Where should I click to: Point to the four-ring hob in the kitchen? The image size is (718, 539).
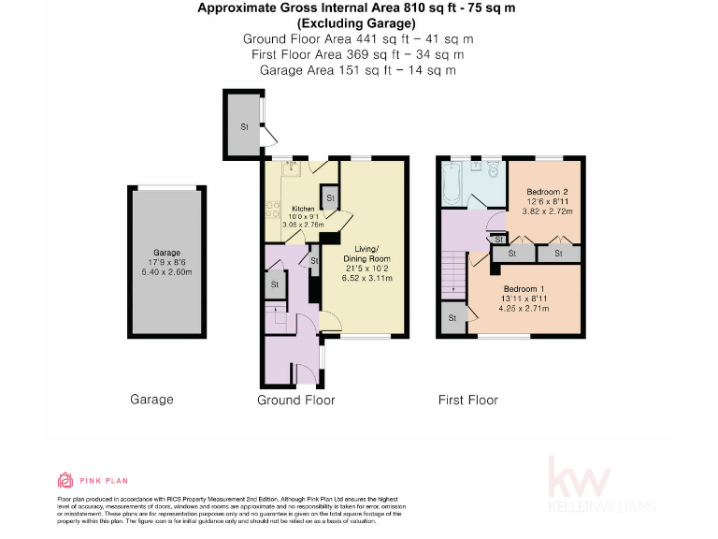pos(273,211)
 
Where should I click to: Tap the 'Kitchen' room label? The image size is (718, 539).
pos(302,209)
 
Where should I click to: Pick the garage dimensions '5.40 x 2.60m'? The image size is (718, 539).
pos(165,272)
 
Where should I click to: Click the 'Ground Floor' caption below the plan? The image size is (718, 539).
pos(295,400)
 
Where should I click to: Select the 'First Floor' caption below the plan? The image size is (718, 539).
pos(467,400)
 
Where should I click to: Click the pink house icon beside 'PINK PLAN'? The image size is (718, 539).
pos(65,480)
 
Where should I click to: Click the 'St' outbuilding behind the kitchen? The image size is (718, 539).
pos(244,125)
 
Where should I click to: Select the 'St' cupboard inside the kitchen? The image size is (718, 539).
pos(328,197)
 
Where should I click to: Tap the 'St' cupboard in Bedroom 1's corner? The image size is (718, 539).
pos(452,318)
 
